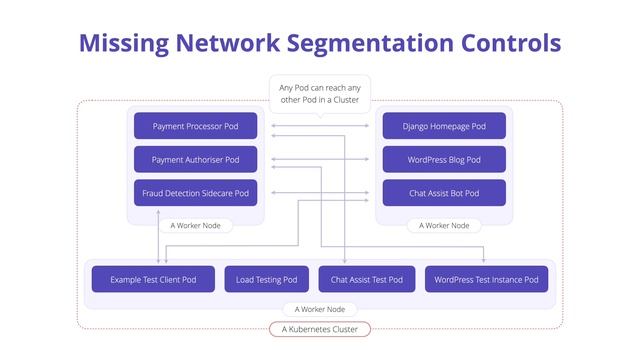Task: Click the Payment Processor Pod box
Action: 196,127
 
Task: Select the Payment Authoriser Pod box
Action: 196,160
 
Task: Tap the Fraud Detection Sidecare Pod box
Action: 196,193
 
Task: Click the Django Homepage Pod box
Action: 444,127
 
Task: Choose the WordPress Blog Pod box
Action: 444,160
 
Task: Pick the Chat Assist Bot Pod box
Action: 444,193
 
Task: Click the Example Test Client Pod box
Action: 153,279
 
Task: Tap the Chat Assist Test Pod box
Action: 367,279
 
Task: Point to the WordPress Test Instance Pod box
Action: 488,279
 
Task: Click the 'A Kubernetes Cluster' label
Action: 320,329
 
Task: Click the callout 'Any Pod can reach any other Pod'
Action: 320,94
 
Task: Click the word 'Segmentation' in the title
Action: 373,43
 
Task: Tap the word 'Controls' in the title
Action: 511,43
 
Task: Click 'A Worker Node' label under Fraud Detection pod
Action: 196,226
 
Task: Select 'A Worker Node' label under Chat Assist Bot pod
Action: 444,226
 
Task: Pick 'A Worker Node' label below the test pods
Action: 320,310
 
